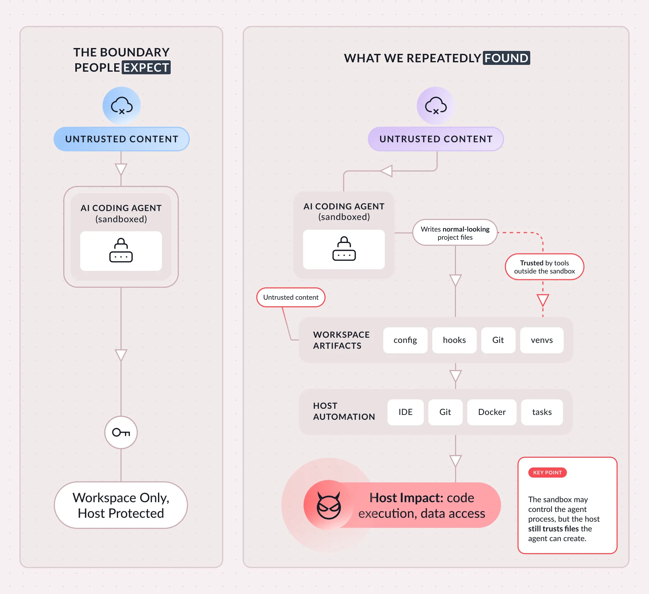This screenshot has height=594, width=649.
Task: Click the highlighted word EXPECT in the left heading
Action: click(146, 67)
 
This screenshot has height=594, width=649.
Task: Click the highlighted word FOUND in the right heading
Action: click(506, 58)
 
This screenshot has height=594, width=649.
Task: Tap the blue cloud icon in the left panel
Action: click(122, 105)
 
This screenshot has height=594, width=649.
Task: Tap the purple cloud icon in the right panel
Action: click(436, 105)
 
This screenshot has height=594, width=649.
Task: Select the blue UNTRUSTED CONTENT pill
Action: click(121, 139)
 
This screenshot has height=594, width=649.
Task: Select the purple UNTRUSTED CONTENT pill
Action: click(435, 139)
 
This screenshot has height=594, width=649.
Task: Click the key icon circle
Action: click(121, 432)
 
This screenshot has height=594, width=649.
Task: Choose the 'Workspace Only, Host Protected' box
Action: click(121, 505)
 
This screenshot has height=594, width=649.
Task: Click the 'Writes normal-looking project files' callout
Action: click(455, 233)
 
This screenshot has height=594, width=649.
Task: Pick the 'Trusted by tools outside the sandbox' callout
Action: click(545, 267)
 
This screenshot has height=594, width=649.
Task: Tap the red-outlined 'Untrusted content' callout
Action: click(291, 297)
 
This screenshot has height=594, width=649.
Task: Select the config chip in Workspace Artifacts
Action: click(405, 340)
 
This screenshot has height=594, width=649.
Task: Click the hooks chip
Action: click(454, 340)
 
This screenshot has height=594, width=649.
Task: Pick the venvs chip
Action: click(542, 340)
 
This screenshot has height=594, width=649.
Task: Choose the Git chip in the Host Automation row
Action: click(445, 412)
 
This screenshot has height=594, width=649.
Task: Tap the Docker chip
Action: click(492, 412)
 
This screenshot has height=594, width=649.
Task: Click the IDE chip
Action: click(405, 412)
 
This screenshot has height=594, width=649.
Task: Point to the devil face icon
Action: click(329, 505)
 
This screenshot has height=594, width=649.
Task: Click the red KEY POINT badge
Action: click(547, 472)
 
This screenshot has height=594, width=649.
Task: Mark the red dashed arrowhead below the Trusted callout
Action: click(543, 300)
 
